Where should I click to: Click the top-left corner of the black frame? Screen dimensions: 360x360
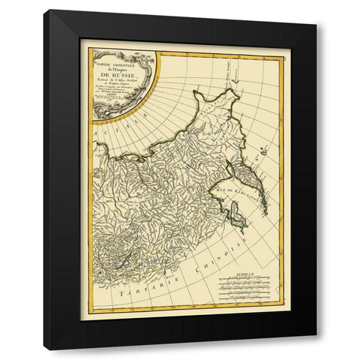(45, 11)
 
